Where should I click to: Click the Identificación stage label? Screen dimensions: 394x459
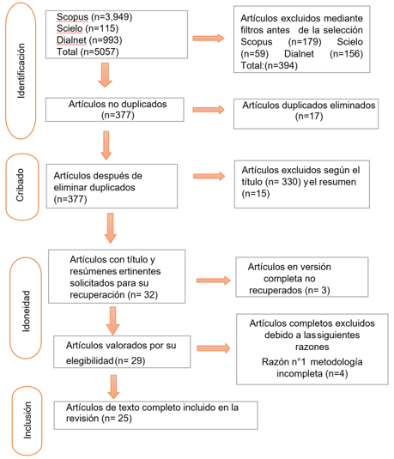[21, 70]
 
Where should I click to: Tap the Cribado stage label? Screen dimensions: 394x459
[20, 185]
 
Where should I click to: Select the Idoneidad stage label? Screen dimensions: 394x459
[26, 311]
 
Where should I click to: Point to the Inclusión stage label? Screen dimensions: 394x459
[27, 420]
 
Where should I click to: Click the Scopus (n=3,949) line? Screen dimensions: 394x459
[94, 17]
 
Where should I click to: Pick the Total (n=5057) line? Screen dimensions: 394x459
[88, 52]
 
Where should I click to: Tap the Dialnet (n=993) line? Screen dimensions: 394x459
[89, 40]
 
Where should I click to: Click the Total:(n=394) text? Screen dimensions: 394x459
[269, 65]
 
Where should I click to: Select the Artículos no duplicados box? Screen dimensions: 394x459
[114, 110]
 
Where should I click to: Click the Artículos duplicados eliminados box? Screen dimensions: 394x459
[306, 114]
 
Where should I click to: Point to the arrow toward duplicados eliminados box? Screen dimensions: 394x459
[209, 110]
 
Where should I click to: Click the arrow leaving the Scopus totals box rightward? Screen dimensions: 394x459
[209, 38]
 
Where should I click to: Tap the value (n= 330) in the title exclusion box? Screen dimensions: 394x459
[283, 182]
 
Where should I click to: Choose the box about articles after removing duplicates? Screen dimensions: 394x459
[112, 186]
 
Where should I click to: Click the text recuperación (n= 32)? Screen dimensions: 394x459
[113, 295]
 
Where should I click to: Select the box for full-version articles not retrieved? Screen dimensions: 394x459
[302, 277]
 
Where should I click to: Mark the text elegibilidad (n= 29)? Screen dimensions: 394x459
[106, 360]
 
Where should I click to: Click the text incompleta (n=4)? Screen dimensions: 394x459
[312, 374]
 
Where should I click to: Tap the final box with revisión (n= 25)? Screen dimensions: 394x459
[155, 415]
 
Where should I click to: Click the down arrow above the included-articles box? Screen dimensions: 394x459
[113, 387]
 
